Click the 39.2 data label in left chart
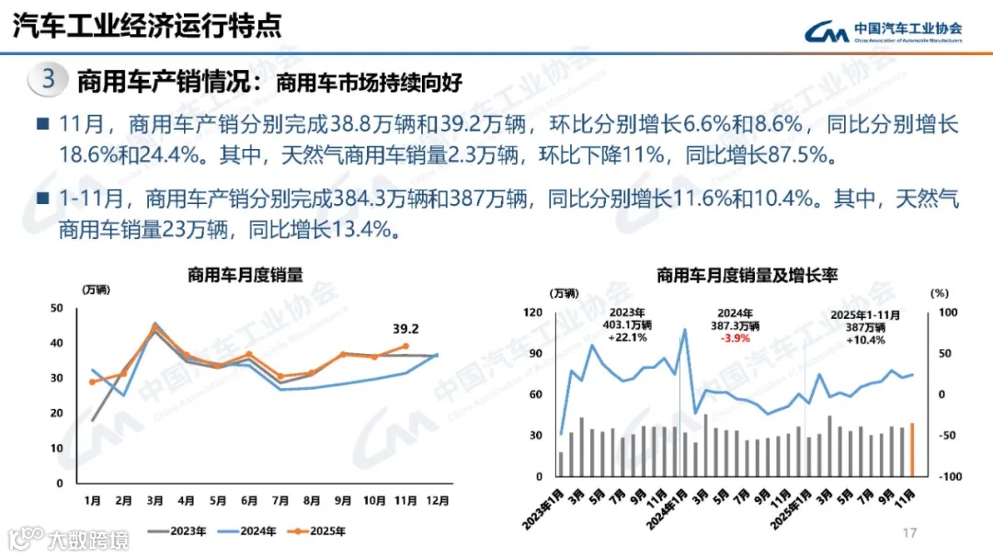click(x=405, y=328)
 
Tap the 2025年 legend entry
click(x=326, y=530)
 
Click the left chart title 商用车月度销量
click(x=245, y=274)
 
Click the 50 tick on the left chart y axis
click(x=57, y=308)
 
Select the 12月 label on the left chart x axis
click(x=438, y=501)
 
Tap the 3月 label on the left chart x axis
click(x=154, y=501)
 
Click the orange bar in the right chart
click(x=912, y=450)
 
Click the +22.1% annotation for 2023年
click(x=628, y=337)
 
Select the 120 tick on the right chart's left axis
click(x=533, y=313)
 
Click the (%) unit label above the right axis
click(x=938, y=293)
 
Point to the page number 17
click(x=910, y=533)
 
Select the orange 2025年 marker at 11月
click(x=405, y=347)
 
